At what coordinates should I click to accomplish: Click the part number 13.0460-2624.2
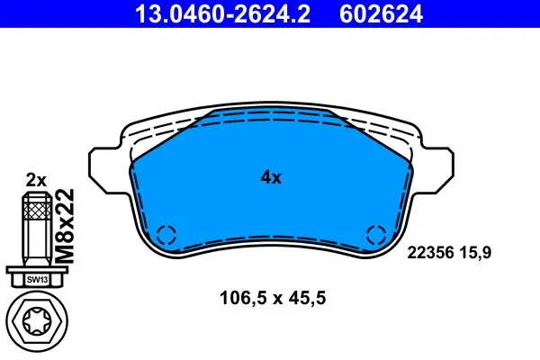[x=222, y=14]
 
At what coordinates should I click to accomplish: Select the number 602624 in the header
[x=381, y=14]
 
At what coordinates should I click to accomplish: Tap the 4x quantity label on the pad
[x=271, y=177]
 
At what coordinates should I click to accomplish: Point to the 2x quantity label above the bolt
[x=36, y=180]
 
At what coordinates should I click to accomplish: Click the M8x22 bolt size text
[x=65, y=226]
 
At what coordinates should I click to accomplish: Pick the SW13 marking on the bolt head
[x=37, y=280]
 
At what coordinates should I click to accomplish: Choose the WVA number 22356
[x=430, y=253]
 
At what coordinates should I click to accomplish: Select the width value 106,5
[x=243, y=298]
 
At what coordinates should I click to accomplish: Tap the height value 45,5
[x=307, y=298]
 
